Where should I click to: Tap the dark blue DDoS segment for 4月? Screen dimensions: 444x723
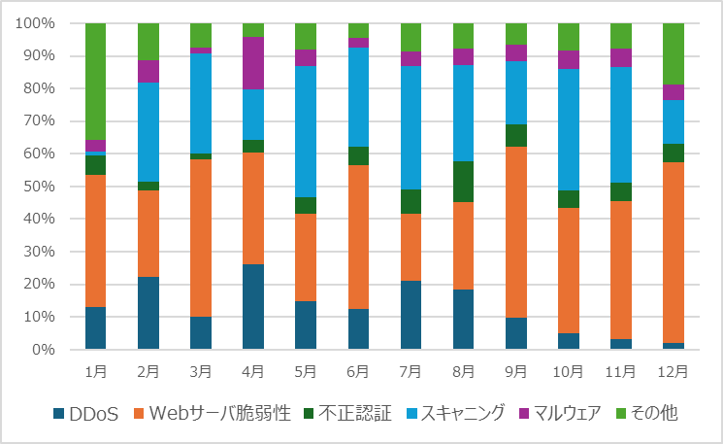[252, 306]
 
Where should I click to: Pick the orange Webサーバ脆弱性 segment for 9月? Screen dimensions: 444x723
[515, 232]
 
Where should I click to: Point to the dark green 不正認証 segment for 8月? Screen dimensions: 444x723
[463, 182]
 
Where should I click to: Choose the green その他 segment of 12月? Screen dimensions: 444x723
[673, 53]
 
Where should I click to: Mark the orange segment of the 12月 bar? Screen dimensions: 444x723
[673, 253]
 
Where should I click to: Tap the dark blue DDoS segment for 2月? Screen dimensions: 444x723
[148, 313]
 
